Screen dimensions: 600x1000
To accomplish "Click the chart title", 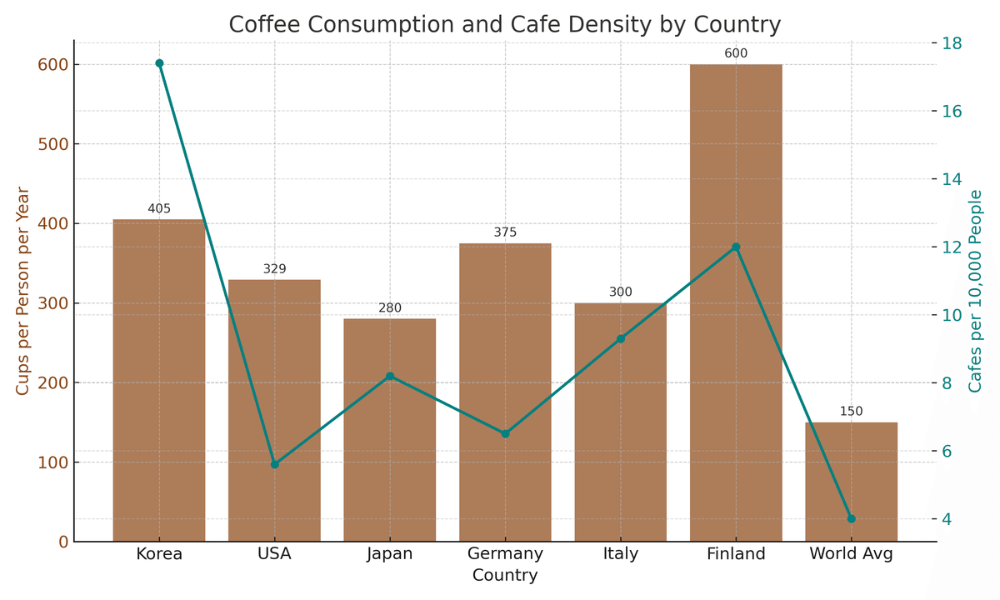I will pos(505,25).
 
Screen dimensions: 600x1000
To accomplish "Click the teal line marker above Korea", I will pos(159,63).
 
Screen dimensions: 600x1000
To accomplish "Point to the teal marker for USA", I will pos(275,464).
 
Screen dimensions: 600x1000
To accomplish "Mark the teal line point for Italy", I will pos(621,339).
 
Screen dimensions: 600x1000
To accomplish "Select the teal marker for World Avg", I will pos(851,518).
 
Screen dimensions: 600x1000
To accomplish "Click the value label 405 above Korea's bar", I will pos(159,209).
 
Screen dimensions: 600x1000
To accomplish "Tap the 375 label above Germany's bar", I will pos(505,232).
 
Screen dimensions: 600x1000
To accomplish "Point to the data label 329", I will pos(275,269).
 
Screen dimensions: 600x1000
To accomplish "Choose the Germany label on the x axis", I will pos(505,554).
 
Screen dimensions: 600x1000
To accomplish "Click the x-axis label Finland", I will pos(736,554).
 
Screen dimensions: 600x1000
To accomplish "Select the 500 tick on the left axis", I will pos(52,144).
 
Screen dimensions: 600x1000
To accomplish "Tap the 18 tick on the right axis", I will pos(952,43).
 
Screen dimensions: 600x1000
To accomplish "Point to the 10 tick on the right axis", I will pos(952,315).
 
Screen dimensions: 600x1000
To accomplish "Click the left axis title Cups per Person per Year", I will pos(22,291).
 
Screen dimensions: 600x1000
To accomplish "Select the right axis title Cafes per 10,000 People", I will pos(976,291).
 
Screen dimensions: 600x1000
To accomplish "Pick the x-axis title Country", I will pos(505,576).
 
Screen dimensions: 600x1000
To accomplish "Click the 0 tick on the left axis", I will pos(63,542).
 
